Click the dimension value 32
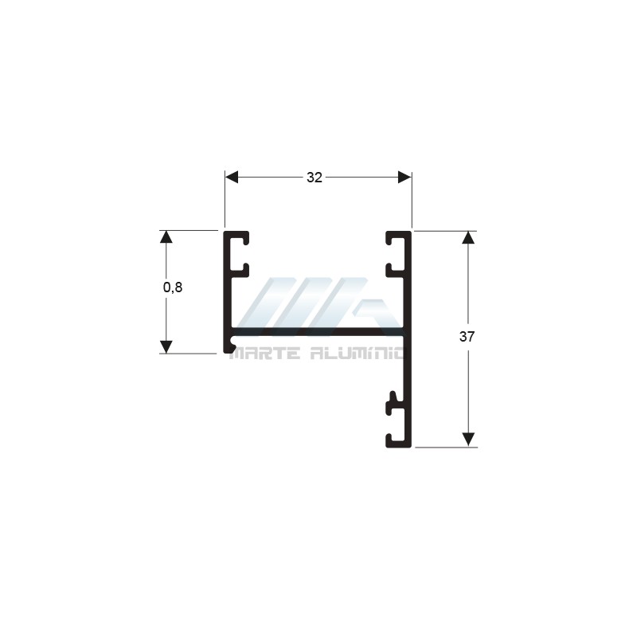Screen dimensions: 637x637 (315, 178)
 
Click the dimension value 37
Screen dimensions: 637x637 (467, 337)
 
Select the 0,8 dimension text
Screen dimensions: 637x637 (173, 287)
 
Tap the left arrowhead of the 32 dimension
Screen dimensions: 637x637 (232, 178)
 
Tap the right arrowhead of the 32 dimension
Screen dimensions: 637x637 (404, 178)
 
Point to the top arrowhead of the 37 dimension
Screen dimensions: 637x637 (468, 237)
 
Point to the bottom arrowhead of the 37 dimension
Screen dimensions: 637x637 (468, 440)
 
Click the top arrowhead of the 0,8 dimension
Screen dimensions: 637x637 (166, 236)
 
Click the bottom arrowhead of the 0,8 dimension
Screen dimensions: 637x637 (166, 346)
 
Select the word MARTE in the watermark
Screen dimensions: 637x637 (265, 354)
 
